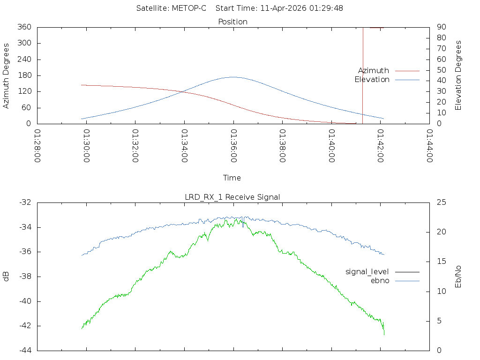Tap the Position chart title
click(x=233, y=22)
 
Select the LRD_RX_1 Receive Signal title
click(x=232, y=197)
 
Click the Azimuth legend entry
click(x=374, y=71)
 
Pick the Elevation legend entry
click(x=372, y=80)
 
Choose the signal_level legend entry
click(x=367, y=271)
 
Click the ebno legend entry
click(x=380, y=280)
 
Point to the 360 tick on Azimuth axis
click(x=24, y=27)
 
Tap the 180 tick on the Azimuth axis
click(x=24, y=75)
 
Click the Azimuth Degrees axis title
click(x=7, y=75)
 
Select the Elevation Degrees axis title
click(x=458, y=75)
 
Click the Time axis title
click(x=232, y=178)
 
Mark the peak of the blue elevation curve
click(x=233, y=77)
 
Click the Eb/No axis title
click(x=458, y=276)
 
